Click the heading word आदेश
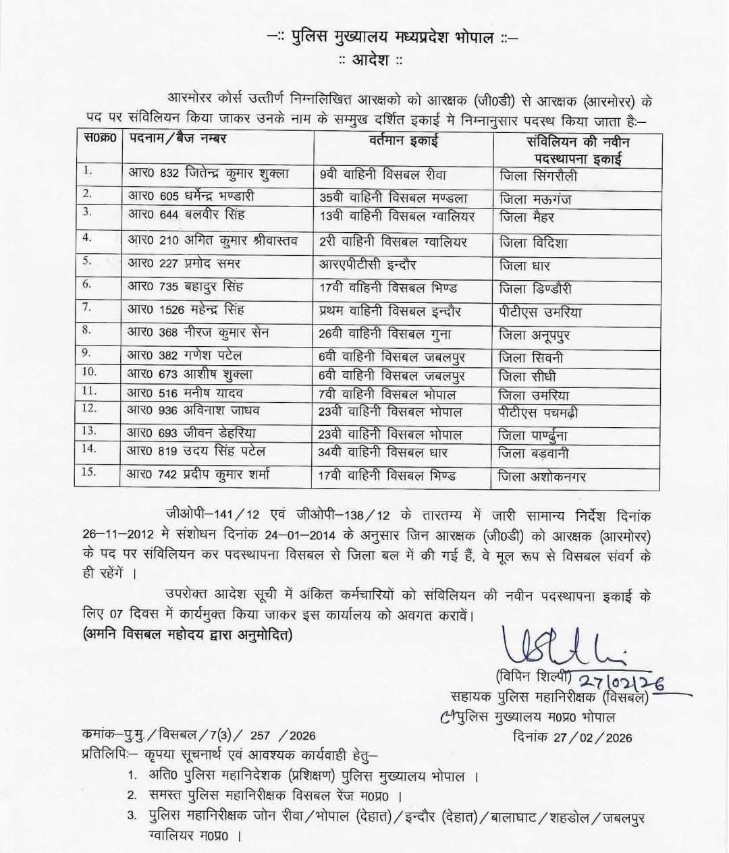click(371, 60)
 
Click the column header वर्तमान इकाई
click(404, 141)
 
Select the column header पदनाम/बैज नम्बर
click(178, 138)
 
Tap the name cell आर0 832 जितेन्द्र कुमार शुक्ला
click(209, 173)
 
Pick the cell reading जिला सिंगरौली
click(538, 177)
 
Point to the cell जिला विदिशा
click(533, 242)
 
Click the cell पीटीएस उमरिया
click(540, 312)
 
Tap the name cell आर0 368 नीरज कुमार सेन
click(200, 332)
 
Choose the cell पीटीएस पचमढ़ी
click(538, 412)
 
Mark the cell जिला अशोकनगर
click(542, 477)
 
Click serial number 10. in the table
click(89, 372)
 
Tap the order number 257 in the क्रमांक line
click(261, 736)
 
